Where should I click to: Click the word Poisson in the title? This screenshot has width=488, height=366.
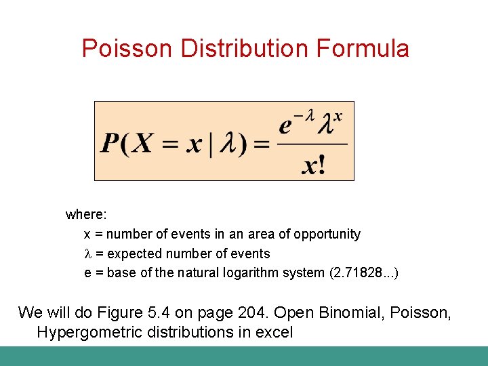click(x=128, y=49)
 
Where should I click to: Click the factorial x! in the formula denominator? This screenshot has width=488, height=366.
click(x=312, y=165)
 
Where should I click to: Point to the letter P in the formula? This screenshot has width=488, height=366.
click(x=110, y=144)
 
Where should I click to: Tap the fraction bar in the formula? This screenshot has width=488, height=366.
click(x=312, y=144)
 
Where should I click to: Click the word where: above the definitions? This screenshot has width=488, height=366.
click(x=85, y=215)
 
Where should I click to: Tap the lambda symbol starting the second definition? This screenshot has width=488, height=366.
click(x=87, y=254)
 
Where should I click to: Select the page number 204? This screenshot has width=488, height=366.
click(x=255, y=312)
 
